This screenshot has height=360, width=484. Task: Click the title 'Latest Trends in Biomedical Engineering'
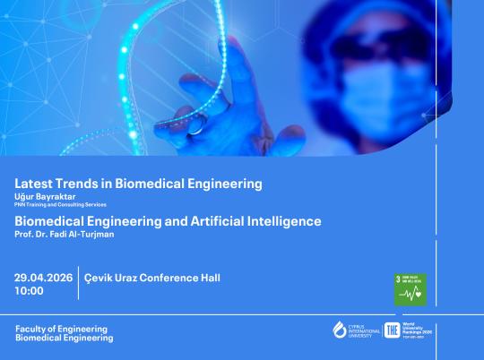139,184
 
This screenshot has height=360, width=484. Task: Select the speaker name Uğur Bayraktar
46,196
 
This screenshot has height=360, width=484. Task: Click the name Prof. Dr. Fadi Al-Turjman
65,234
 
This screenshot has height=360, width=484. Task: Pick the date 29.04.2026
43,278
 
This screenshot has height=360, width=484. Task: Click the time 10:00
29,291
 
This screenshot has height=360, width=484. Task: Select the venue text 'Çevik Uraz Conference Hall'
151,278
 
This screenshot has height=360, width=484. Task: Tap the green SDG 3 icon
411,287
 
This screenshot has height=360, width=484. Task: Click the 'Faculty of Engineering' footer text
61,329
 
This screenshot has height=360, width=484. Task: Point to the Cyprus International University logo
356,330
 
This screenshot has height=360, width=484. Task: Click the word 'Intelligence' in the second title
286,220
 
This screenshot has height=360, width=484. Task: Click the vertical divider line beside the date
78,284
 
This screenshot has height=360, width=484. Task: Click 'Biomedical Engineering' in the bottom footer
65,339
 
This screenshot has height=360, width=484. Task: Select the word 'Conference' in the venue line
170,278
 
